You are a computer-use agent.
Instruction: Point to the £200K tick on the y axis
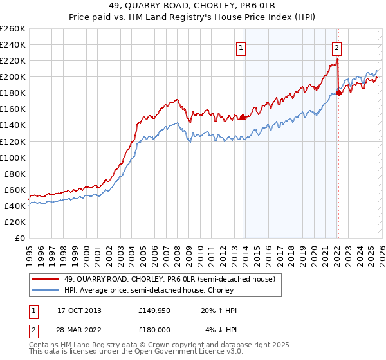click(13, 76)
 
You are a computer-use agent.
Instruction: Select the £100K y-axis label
click(13, 157)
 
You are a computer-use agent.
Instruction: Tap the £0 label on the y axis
click(19, 238)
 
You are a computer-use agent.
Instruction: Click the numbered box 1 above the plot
click(241, 47)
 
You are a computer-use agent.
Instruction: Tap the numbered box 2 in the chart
click(336, 47)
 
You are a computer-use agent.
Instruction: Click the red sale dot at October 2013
click(243, 118)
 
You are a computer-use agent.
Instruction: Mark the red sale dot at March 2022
click(340, 93)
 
